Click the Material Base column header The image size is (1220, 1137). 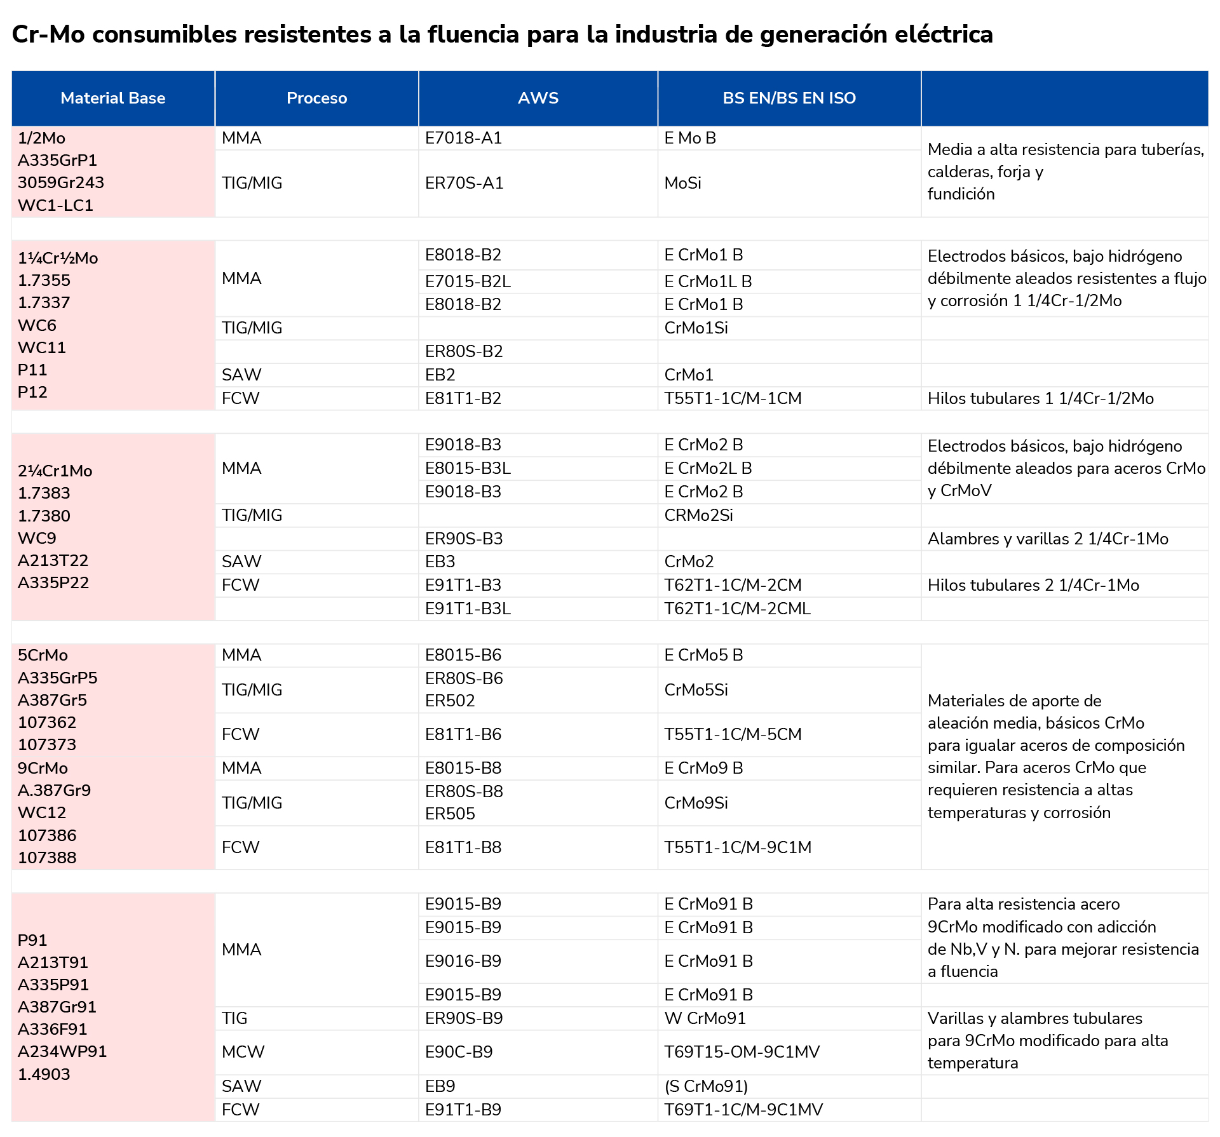tap(113, 98)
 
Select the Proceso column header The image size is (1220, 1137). tap(316, 98)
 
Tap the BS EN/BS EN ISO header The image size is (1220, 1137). tap(789, 98)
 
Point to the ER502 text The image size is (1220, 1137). tap(450, 701)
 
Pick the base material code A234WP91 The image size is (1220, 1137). tap(62, 1051)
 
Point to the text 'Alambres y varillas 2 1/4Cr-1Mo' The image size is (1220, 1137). tap(1048, 539)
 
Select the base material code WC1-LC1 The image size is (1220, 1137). tap(56, 205)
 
